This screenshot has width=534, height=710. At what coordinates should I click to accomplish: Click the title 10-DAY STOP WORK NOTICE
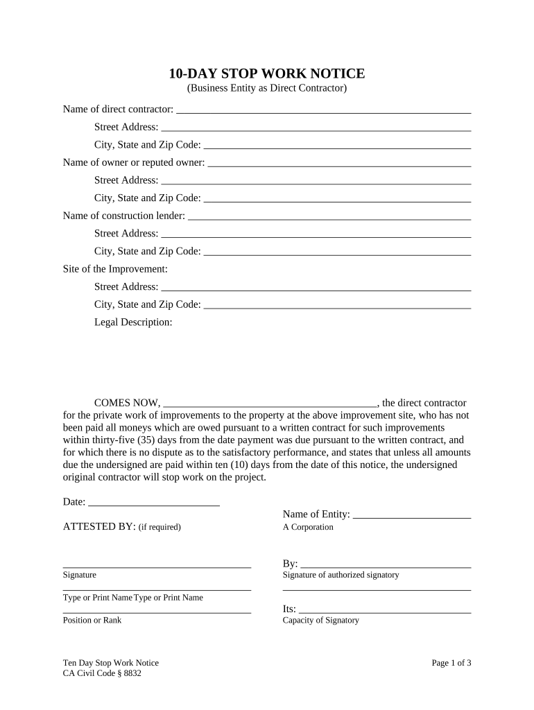[x=267, y=74]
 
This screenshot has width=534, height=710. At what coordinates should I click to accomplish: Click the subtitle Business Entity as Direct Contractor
[x=267, y=88]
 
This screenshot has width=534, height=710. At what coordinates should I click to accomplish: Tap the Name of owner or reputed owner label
[x=134, y=162]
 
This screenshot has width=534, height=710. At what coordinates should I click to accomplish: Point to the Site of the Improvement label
[x=115, y=268]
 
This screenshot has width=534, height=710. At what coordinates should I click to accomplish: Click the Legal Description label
[x=133, y=322]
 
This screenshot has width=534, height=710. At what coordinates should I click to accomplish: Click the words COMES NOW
[x=126, y=403]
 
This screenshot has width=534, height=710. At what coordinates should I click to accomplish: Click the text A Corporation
[x=308, y=527]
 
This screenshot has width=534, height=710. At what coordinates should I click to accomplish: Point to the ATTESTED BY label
[x=98, y=526]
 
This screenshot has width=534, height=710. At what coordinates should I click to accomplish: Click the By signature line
[x=386, y=564]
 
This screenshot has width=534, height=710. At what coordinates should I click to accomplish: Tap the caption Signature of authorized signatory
[x=341, y=575]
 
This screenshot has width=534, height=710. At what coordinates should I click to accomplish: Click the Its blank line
[x=385, y=609]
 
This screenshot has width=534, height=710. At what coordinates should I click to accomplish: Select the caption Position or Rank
[x=92, y=620]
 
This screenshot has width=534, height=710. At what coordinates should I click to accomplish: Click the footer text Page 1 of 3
[x=451, y=663]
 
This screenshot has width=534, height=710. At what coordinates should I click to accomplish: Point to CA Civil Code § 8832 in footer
[x=102, y=673]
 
